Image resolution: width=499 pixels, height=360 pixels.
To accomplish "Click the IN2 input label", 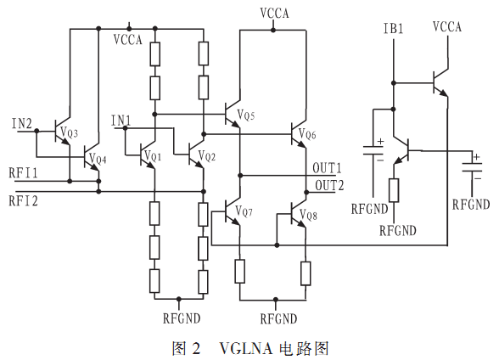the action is [x=22, y=123].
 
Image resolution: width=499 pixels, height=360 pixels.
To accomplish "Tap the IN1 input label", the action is [x=121, y=121].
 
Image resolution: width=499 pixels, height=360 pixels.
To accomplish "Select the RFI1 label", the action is [x=23, y=173].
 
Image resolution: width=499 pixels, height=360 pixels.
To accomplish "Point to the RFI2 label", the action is [x=23, y=201].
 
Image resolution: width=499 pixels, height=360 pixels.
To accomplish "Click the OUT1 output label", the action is [x=327, y=168].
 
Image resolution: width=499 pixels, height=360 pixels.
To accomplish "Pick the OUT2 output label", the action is [x=329, y=185].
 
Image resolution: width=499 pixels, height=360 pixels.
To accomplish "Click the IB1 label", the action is [x=394, y=29].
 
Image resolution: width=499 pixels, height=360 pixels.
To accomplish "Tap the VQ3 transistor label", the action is [x=69, y=132].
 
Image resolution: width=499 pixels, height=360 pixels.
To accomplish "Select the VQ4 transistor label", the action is [x=98, y=159].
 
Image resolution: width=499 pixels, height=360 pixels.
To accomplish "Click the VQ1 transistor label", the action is [x=153, y=156].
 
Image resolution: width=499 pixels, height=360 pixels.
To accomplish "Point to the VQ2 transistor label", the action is [x=207, y=156].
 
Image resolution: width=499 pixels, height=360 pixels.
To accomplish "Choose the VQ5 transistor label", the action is [x=246, y=115].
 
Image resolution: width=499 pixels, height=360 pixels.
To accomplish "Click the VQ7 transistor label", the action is [x=244, y=211].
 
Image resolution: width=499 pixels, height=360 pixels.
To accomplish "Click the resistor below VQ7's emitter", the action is [x=240, y=271].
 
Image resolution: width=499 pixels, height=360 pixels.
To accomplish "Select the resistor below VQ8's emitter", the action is [x=306, y=273].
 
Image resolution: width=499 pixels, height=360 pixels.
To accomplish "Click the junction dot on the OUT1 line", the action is [x=240, y=176].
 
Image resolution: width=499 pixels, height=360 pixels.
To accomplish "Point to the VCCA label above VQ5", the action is [x=274, y=13].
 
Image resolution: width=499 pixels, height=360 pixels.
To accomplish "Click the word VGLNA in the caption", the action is [x=246, y=348].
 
